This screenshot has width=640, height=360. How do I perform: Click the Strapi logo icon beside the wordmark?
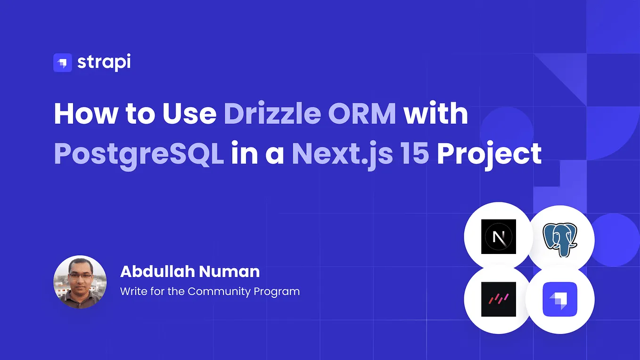[x=62, y=63]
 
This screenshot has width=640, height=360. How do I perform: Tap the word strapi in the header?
[x=104, y=63]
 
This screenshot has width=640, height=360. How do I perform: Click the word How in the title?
[x=82, y=114]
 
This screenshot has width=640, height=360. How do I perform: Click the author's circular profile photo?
[x=80, y=282]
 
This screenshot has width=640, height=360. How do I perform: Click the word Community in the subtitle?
[x=219, y=291]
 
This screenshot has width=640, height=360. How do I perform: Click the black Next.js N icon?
[x=498, y=237]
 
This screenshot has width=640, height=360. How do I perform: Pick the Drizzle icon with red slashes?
[x=498, y=299]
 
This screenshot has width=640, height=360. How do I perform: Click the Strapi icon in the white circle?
[x=560, y=299]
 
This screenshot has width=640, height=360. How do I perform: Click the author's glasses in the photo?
[x=78, y=276]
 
